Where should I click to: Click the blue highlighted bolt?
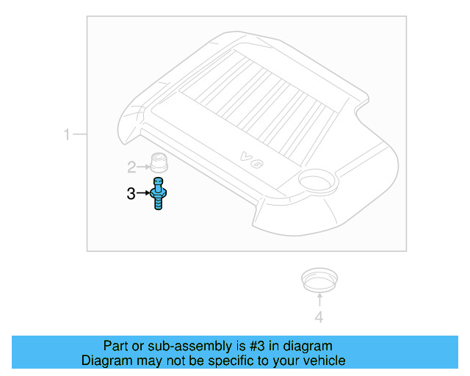click(x=159, y=193)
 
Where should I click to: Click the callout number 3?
click(x=131, y=194)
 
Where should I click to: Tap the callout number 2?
click(x=131, y=167)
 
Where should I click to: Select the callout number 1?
click(x=67, y=134)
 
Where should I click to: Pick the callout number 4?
click(x=319, y=317)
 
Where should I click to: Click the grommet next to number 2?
click(x=159, y=162)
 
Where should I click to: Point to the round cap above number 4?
click(x=319, y=280)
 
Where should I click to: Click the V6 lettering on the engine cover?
click(x=252, y=160)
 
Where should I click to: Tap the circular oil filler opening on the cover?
click(x=318, y=180)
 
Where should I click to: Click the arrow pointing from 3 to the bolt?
click(x=143, y=193)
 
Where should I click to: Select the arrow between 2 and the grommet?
click(x=143, y=167)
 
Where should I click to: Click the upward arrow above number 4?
click(x=319, y=300)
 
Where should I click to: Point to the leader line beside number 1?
click(x=80, y=134)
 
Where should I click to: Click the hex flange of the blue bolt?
click(x=159, y=195)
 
